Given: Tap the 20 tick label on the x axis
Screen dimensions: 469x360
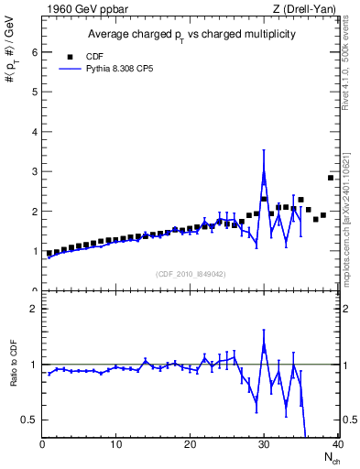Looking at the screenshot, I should point(190,445).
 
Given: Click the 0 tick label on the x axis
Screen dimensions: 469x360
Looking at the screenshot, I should point(42,445).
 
